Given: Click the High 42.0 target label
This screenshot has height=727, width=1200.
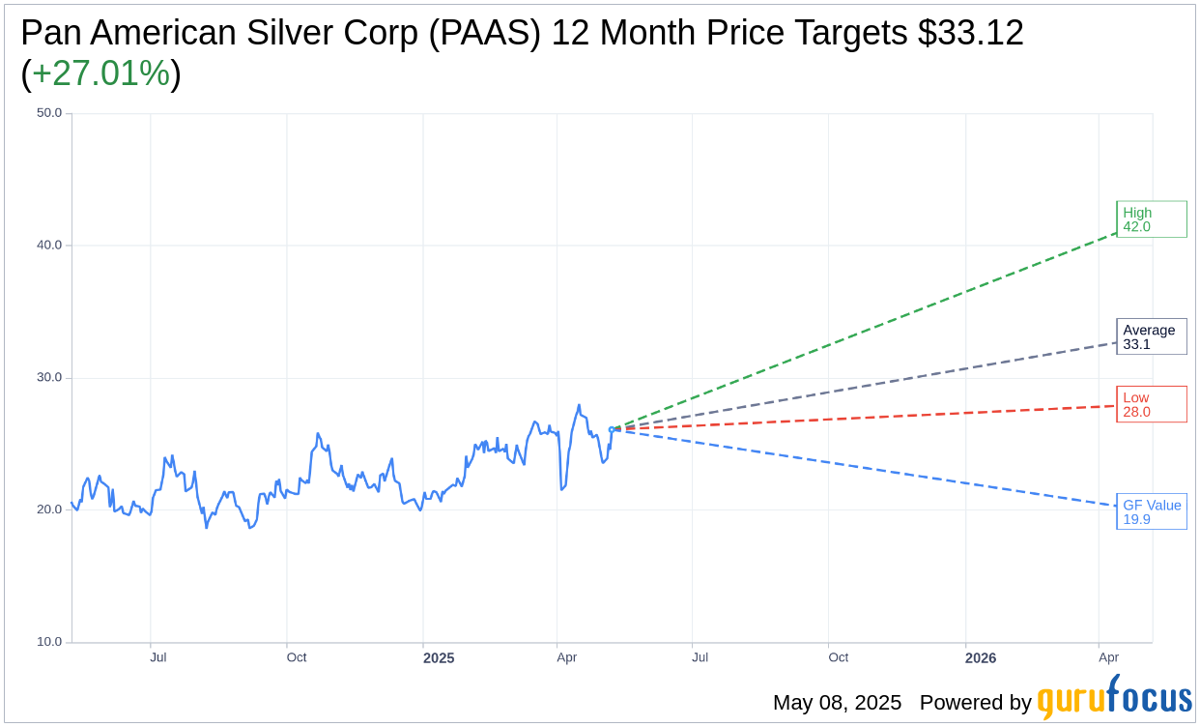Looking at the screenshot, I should coord(1151,219).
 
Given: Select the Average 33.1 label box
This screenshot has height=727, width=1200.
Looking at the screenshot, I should coord(1151,336).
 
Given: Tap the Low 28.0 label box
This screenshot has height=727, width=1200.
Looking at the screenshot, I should coord(1151,404).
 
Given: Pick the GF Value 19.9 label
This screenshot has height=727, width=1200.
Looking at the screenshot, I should coord(1151,511).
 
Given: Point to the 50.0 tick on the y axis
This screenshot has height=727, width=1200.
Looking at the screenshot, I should coord(49,113).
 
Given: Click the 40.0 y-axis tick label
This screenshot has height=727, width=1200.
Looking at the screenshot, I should coord(49,246).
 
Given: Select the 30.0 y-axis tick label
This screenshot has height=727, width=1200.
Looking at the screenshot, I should coord(49,378).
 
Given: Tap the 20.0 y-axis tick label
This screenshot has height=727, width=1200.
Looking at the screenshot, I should coord(49,509).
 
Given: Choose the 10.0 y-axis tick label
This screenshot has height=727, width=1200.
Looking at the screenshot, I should coord(49,642).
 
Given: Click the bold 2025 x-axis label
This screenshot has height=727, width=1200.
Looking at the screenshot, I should coord(439,658).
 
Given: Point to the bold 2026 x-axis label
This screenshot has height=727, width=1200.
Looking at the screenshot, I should coord(981,658).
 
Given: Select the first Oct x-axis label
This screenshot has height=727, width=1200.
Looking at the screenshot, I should coord(297,657).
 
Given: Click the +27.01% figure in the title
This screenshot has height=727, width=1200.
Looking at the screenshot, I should coord(101,73).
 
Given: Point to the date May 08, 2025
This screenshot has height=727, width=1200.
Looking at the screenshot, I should coord(837,703).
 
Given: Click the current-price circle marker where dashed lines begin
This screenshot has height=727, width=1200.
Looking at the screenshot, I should coord(612,429).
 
